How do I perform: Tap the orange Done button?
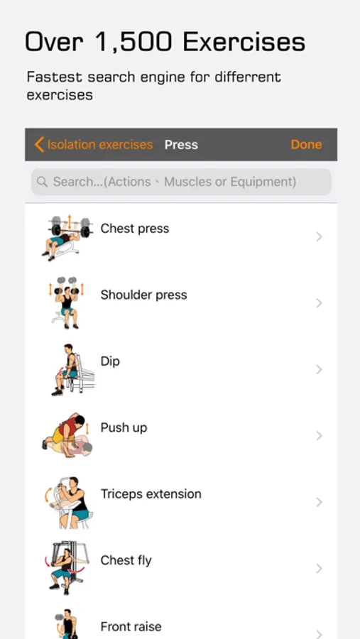point(306,145)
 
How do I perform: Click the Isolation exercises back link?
point(94,145)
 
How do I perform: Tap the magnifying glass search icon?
point(42,181)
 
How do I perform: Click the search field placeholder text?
point(175,181)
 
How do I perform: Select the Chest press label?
point(134,229)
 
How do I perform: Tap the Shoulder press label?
point(143,295)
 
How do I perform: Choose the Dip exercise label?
point(110,361)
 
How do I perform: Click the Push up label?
point(124,428)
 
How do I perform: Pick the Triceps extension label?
point(151,494)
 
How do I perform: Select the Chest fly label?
point(126,560)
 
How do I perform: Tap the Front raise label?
point(131,626)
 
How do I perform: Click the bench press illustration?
point(67,239)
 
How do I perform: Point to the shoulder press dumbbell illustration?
point(67,302)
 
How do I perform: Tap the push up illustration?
point(67,435)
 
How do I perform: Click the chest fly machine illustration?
point(67,567)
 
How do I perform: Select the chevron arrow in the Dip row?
point(320,369)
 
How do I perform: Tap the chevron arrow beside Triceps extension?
point(320,502)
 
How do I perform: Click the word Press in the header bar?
point(181,145)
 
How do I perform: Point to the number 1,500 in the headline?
point(132,43)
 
